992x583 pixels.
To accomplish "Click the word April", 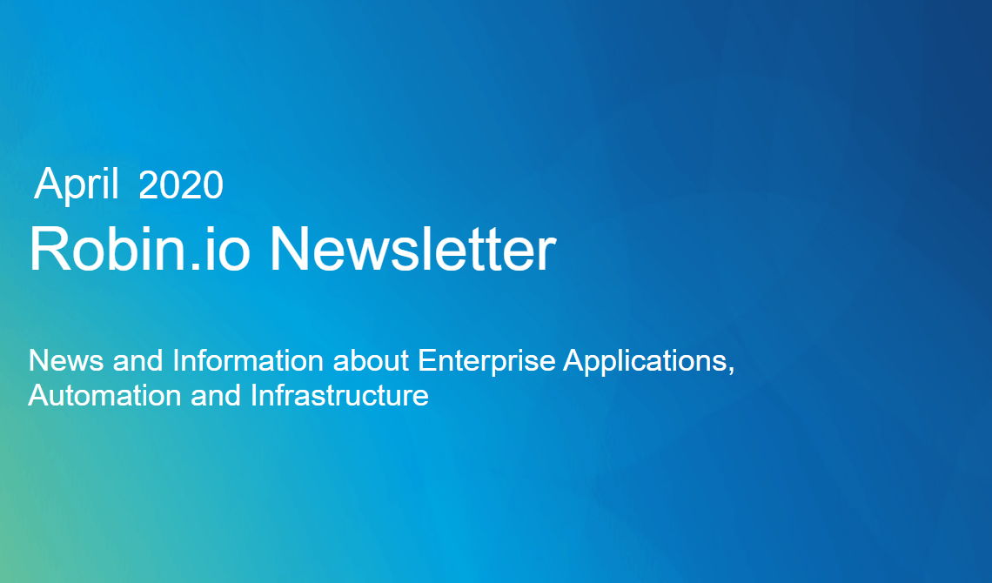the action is (x=77, y=185).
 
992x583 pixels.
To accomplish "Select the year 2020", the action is (x=181, y=184).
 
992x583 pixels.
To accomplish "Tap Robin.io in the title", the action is (x=140, y=249).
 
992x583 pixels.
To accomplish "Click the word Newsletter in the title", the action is (x=413, y=249).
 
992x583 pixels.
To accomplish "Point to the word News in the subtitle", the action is (x=66, y=360).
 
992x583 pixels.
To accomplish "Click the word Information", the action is (x=248, y=360).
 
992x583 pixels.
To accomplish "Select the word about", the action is (x=371, y=360).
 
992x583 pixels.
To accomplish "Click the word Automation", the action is (x=105, y=396).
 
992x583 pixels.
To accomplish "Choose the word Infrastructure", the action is (x=339, y=396).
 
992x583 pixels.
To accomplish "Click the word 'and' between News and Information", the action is (x=138, y=360).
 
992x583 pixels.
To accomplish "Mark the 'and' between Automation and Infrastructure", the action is (x=217, y=396).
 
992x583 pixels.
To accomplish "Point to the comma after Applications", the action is (x=731, y=371).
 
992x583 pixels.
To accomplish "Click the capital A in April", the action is (x=46, y=184).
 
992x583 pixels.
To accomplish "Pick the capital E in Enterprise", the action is (x=427, y=360).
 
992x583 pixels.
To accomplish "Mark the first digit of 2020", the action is (x=148, y=184).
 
